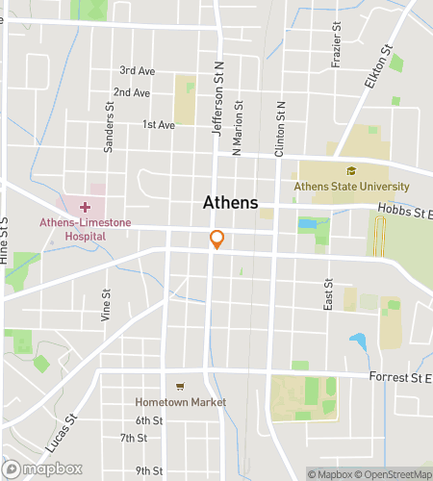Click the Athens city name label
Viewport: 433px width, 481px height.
(x=231, y=203)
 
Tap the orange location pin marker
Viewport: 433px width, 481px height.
(x=217, y=240)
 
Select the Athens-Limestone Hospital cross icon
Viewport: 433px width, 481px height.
(x=85, y=207)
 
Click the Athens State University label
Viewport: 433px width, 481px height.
(x=351, y=186)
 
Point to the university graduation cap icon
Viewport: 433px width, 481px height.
(x=351, y=172)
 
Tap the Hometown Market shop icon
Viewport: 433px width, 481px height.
(x=180, y=387)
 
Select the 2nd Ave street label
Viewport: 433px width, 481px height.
(x=132, y=93)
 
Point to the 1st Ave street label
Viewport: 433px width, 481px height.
(x=158, y=125)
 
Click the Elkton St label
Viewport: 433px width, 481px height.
(x=379, y=65)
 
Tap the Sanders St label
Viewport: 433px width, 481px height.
(x=109, y=135)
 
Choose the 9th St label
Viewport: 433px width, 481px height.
(x=149, y=470)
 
